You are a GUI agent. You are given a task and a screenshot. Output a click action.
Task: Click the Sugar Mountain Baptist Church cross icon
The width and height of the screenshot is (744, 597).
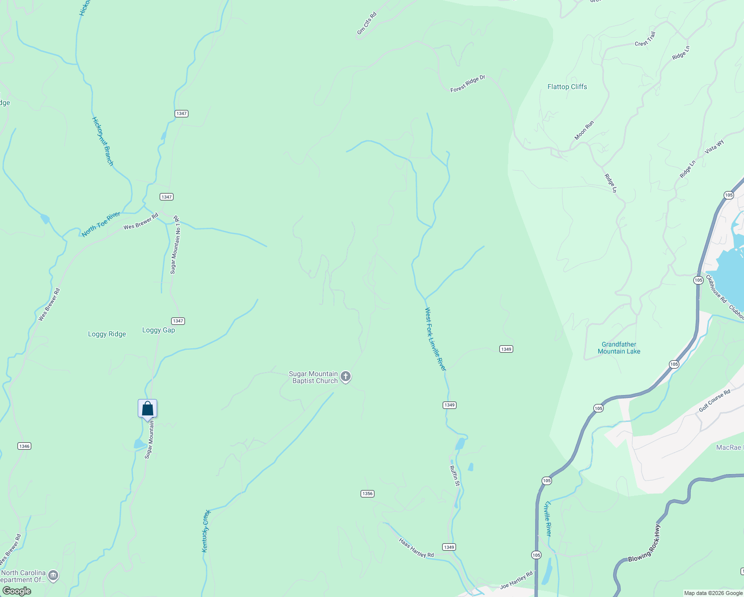coord(346,377)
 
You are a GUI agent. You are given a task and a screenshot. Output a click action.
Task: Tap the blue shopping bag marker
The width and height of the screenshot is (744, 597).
coord(148,408)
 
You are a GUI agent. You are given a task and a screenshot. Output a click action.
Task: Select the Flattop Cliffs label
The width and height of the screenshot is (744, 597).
coord(567,87)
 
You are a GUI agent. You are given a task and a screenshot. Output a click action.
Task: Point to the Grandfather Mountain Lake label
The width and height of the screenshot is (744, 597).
coord(619,348)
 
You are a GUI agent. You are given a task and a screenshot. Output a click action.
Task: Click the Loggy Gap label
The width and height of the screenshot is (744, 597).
coord(159,330)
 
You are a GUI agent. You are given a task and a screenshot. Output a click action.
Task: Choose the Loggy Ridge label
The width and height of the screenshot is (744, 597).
coord(107,334)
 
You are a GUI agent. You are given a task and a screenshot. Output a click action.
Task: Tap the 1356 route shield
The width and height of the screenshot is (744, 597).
coord(368,494)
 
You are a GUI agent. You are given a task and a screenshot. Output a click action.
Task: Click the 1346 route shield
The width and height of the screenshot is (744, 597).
coord(24,446)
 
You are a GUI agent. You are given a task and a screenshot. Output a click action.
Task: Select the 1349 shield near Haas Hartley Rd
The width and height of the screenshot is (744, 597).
coord(449,547)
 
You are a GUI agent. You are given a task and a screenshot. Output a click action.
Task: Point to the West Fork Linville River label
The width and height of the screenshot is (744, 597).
coord(436,339)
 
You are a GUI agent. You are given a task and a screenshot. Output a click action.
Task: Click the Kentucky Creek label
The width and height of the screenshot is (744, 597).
coord(206,531)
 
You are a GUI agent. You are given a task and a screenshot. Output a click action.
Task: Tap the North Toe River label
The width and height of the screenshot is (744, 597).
coord(101,224)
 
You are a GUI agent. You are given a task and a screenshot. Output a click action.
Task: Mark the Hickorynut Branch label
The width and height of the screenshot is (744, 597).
coord(103,141)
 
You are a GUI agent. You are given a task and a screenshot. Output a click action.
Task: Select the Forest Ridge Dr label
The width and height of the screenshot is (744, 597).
coord(467,84)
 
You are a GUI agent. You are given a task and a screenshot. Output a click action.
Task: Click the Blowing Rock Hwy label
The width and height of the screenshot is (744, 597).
coord(644,543)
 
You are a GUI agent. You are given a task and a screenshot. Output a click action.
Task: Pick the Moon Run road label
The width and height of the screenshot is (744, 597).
coord(584,130)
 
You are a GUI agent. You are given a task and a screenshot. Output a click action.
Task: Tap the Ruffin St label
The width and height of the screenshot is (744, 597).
coord(455,476)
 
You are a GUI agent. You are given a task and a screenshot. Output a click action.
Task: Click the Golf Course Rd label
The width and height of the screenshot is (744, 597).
coord(714,400)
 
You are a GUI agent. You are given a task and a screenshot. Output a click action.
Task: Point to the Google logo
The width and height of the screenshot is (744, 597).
coord(17,591)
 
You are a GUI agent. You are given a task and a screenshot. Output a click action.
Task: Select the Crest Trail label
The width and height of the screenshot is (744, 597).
coord(645,39)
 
